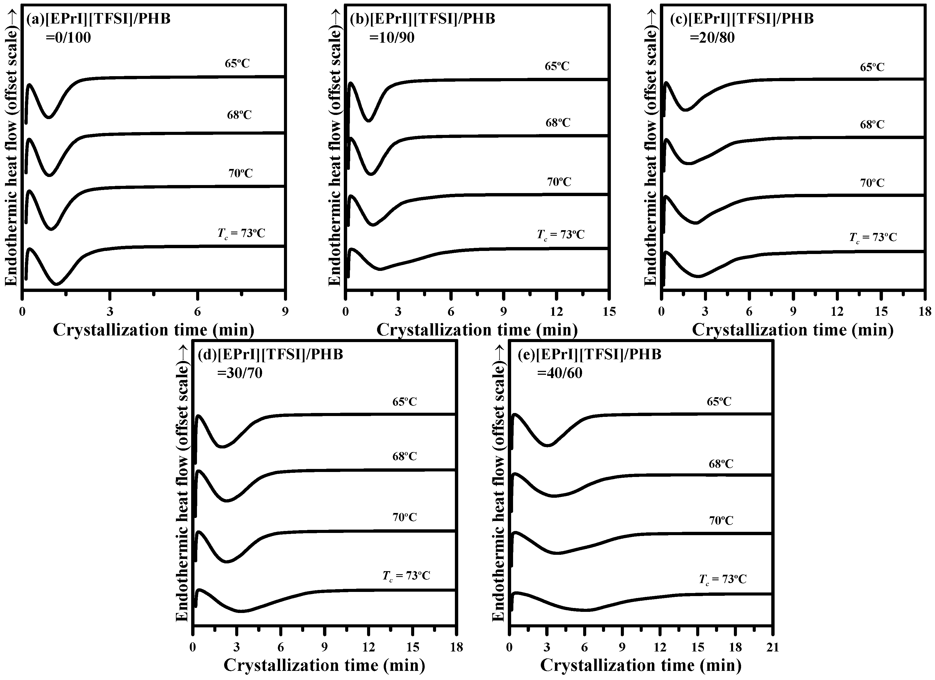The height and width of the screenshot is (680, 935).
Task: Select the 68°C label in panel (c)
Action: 872,124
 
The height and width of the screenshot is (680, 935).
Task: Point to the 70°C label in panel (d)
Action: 404,517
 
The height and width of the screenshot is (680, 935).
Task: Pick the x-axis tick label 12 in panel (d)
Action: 369,647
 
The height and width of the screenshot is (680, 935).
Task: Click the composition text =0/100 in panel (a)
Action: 68,38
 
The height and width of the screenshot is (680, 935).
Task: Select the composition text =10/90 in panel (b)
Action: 392,38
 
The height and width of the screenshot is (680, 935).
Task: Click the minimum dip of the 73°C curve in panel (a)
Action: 57,284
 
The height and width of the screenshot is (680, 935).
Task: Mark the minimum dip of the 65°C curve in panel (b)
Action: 369,121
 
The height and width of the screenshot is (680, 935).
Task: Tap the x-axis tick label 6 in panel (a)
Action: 198,312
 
